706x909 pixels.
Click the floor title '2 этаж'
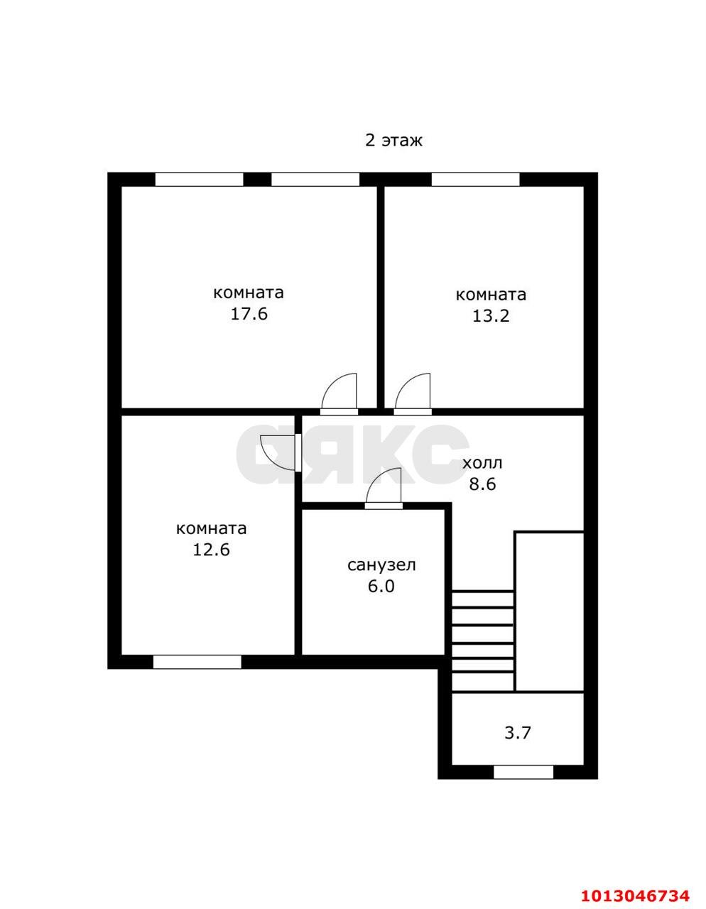(x=393, y=141)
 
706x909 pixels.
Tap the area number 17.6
(x=249, y=314)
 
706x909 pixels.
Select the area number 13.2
(x=491, y=316)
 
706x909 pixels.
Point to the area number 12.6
(x=211, y=550)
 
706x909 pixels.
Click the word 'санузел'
(x=381, y=565)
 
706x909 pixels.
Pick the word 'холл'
(x=482, y=464)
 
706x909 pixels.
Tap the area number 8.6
(x=482, y=484)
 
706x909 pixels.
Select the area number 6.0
(x=381, y=586)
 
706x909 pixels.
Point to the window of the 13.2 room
(x=476, y=180)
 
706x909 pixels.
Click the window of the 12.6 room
(x=197, y=662)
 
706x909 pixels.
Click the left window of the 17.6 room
(x=200, y=180)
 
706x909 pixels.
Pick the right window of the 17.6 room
(x=315, y=180)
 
